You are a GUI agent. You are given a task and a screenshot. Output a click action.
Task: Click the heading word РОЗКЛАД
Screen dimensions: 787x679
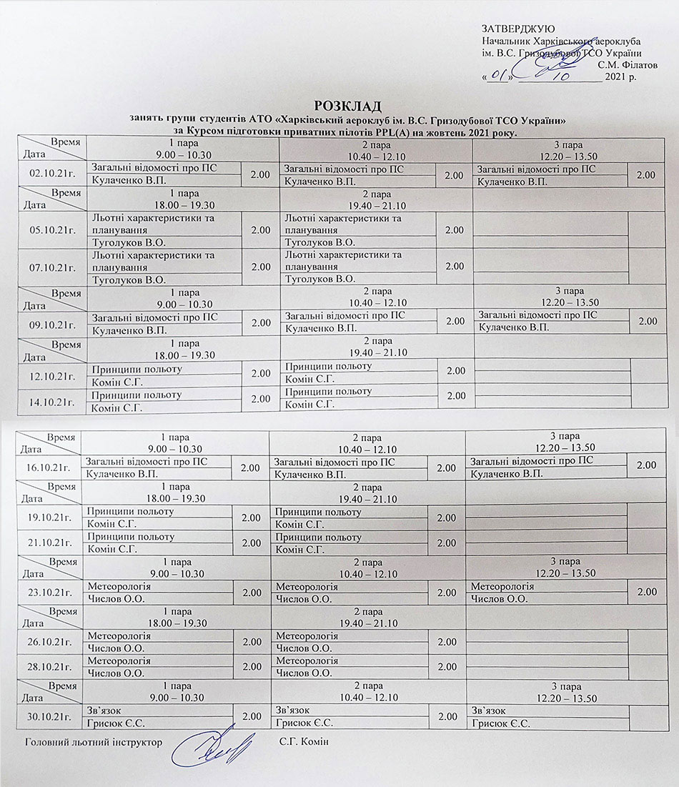coord(344,106)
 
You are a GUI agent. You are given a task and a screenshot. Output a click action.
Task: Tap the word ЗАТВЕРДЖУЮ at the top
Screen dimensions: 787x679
coord(515,28)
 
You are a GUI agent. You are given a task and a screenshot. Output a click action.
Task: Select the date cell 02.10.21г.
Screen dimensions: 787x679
coord(53,174)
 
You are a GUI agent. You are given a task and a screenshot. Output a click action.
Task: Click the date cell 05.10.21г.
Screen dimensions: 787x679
coord(53,230)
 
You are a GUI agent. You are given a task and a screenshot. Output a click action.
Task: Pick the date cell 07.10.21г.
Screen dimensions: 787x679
coord(53,267)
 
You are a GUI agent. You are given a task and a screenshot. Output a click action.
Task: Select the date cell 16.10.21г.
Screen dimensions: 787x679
coord(49,467)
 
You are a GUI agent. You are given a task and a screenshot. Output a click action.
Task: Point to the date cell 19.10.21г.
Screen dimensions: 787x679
coord(49,518)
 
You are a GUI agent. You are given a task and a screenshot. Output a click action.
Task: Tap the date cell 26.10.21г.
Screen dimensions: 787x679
coord(49,642)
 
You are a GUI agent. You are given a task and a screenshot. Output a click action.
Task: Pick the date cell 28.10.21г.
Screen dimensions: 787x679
coord(49,667)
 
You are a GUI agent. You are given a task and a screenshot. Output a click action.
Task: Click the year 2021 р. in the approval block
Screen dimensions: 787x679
coord(620,76)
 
